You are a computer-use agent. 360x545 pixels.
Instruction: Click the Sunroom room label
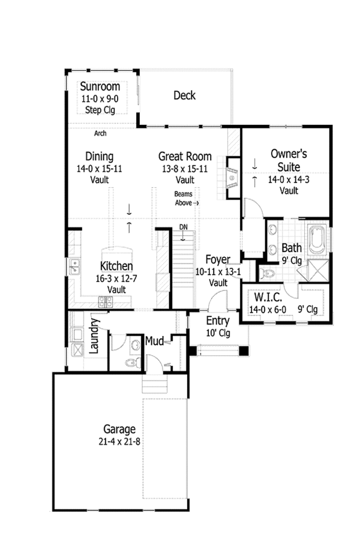(100, 86)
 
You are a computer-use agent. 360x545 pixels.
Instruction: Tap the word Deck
(184, 95)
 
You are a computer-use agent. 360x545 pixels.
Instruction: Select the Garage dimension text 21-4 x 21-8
(119, 441)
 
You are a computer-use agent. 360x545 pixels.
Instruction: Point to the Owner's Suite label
(285, 160)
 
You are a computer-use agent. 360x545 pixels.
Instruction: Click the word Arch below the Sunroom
(100, 133)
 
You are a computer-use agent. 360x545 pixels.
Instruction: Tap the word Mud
(154, 342)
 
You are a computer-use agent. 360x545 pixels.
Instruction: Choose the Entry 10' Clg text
(218, 326)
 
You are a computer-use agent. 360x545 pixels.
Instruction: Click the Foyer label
(218, 260)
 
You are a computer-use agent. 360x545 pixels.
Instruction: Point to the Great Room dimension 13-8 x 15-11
(184, 169)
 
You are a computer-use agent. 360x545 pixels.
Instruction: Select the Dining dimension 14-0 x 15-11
(100, 169)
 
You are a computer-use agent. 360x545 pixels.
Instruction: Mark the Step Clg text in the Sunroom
(100, 110)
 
